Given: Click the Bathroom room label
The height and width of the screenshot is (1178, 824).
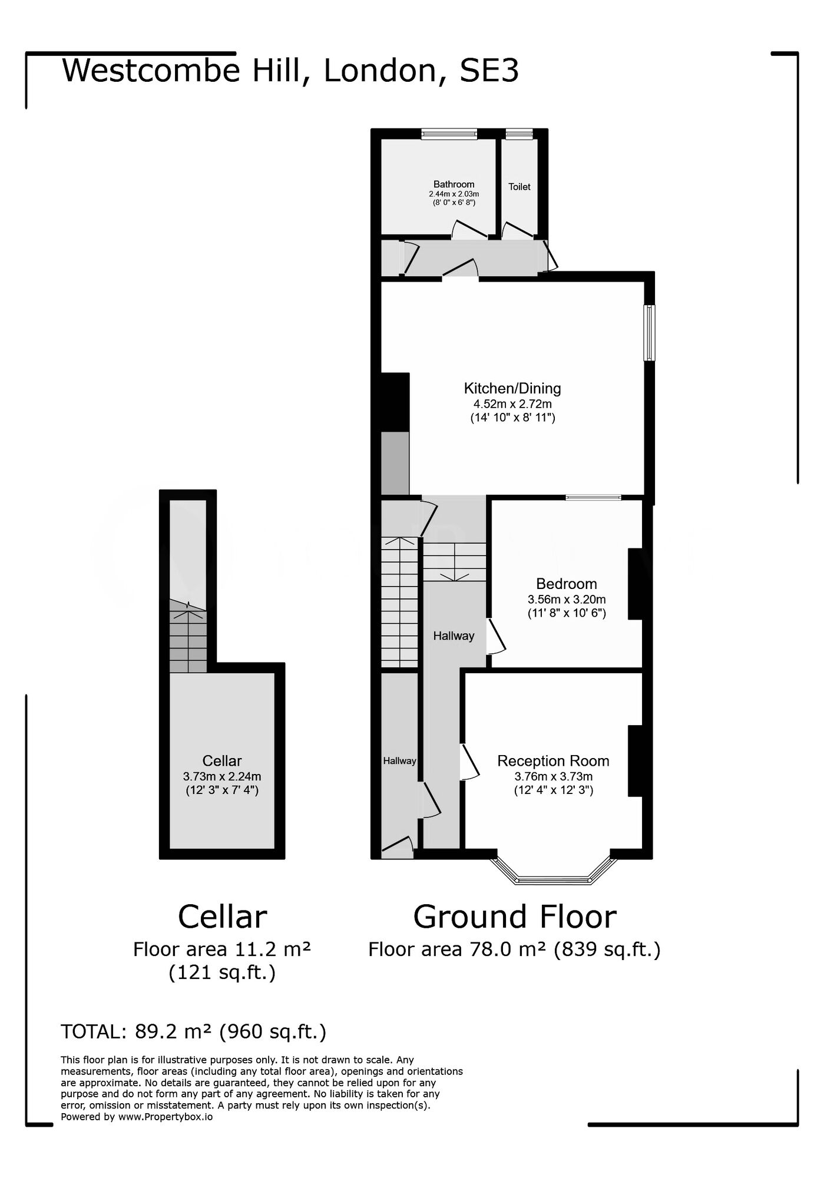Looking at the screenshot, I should click(454, 184).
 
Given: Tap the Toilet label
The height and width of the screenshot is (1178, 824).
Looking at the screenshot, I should click(519, 187).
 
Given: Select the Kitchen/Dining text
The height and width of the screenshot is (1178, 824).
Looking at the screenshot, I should click(512, 388).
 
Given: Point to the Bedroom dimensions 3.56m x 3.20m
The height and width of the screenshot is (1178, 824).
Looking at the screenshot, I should click(566, 600).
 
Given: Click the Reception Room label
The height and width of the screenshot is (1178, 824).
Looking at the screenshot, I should click(553, 760).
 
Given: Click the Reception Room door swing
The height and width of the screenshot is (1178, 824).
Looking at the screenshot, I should click(470, 763).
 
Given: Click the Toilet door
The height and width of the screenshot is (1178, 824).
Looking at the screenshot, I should click(517, 230).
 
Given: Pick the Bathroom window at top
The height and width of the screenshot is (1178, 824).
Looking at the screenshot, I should click(449, 134).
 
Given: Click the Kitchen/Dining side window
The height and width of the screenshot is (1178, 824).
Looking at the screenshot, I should click(648, 332).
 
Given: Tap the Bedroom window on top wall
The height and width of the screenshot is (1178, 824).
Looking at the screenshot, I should click(593, 498).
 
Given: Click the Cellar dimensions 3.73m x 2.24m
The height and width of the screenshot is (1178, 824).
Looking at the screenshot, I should click(221, 776).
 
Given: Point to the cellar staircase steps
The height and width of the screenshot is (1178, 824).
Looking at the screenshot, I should click(188, 642).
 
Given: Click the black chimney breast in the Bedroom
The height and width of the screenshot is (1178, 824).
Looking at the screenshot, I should click(635, 584).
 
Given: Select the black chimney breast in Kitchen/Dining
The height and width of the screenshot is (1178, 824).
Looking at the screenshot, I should click(395, 402).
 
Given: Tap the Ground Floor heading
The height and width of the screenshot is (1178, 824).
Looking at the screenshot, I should click(514, 917).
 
